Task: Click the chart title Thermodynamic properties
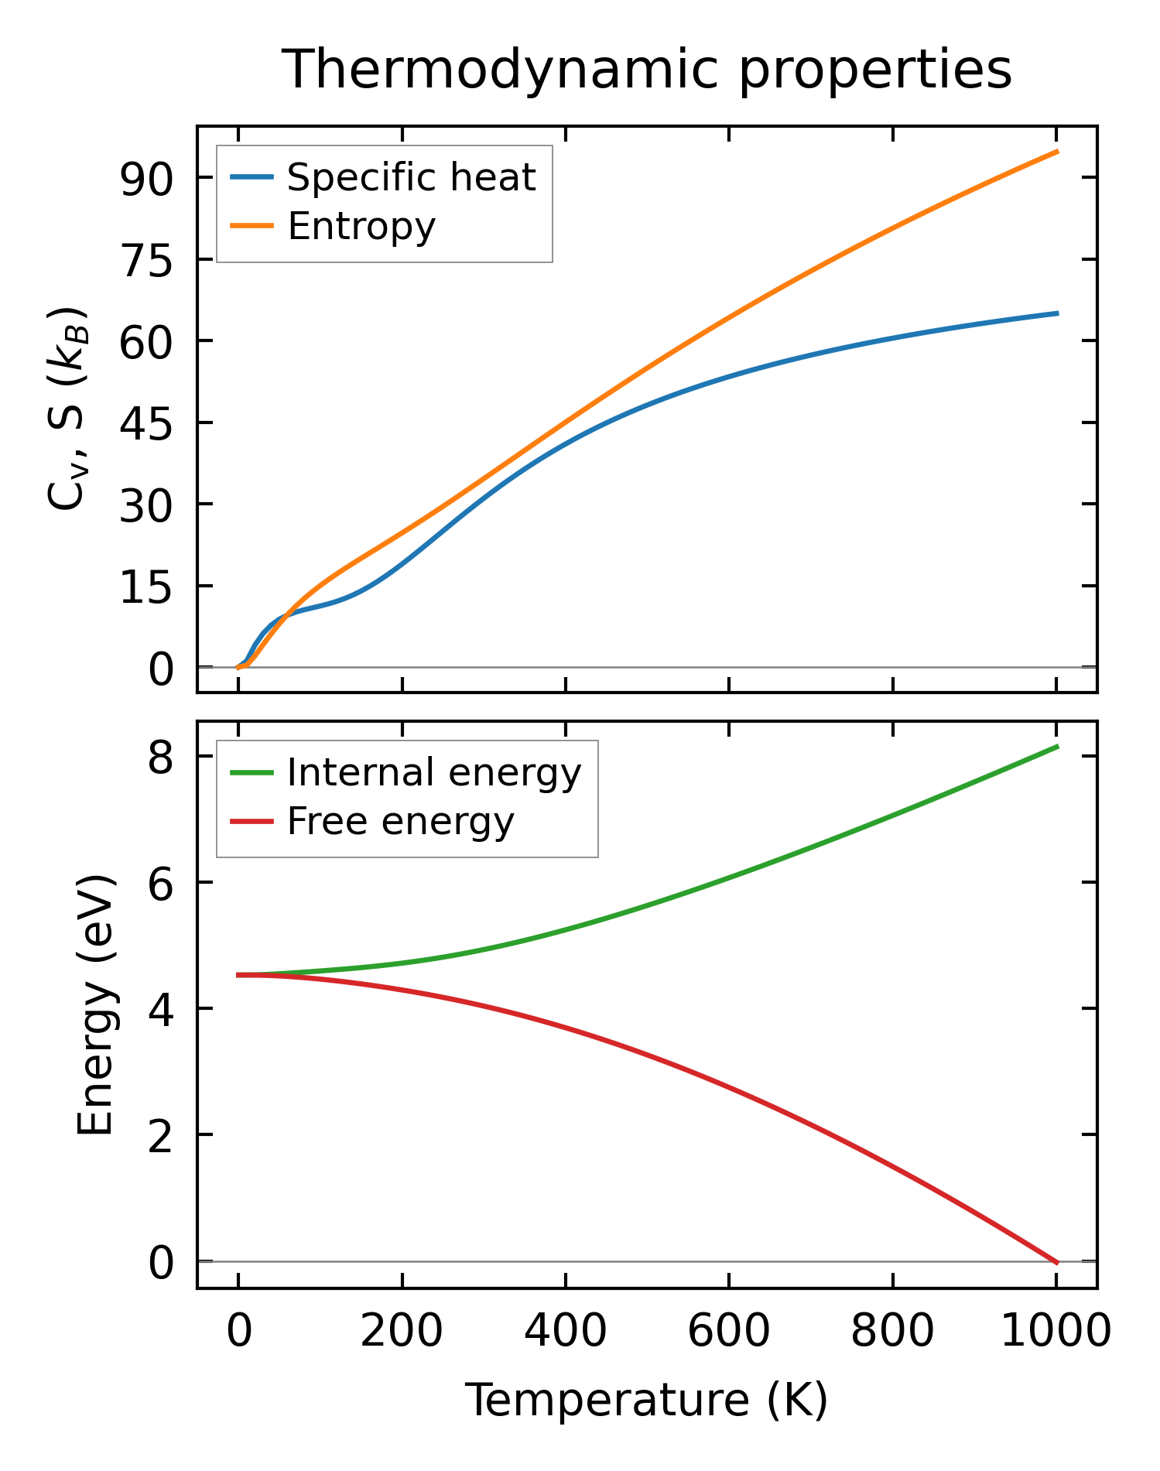646,70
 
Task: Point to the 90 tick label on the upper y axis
145,179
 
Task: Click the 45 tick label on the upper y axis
145,423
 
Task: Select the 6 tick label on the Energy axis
161,883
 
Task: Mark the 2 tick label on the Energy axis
161,1135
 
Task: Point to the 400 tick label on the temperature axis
566,1331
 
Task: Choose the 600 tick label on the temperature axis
729,1331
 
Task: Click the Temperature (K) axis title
646,1400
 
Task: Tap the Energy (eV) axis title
96,1005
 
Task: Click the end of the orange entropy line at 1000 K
1057,152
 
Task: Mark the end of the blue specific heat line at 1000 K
1057,313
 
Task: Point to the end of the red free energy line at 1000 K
1057,1263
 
